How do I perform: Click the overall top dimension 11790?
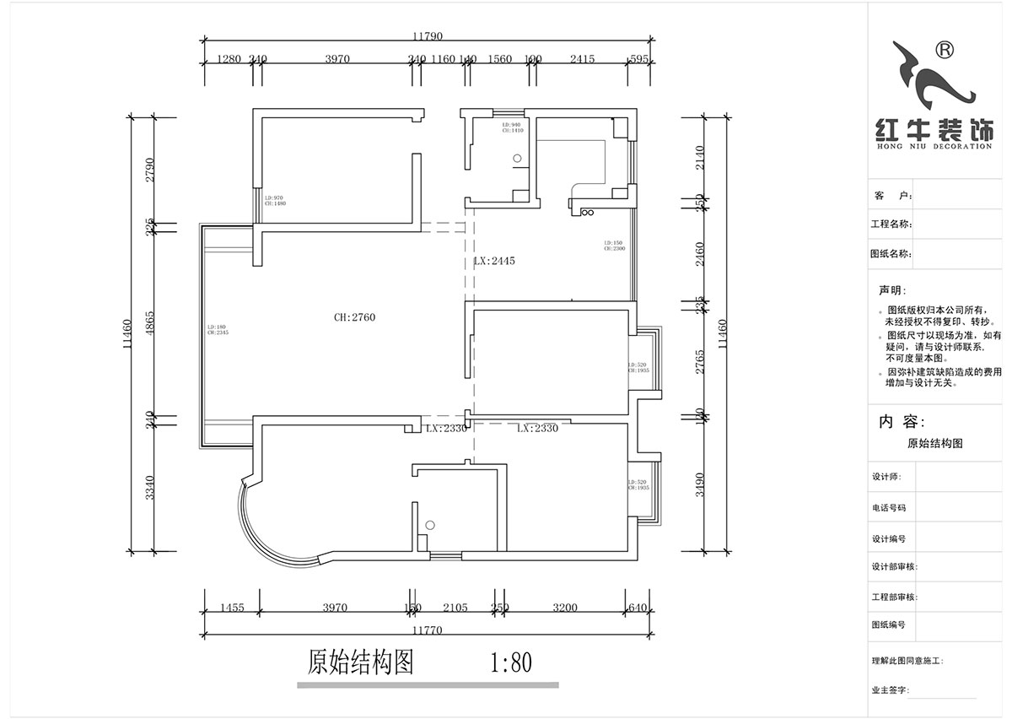click(428, 36)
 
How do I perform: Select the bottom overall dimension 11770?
click(428, 629)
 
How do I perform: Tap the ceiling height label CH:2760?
click(354, 317)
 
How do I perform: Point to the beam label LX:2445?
click(494, 262)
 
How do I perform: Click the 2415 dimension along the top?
click(582, 59)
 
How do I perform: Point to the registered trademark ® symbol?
click(945, 51)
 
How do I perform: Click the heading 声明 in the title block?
click(891, 289)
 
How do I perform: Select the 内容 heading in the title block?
click(902, 422)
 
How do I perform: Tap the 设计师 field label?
click(887, 477)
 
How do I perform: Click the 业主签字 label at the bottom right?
click(891, 690)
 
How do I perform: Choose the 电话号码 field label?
click(889, 508)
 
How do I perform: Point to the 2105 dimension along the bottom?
click(455, 607)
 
